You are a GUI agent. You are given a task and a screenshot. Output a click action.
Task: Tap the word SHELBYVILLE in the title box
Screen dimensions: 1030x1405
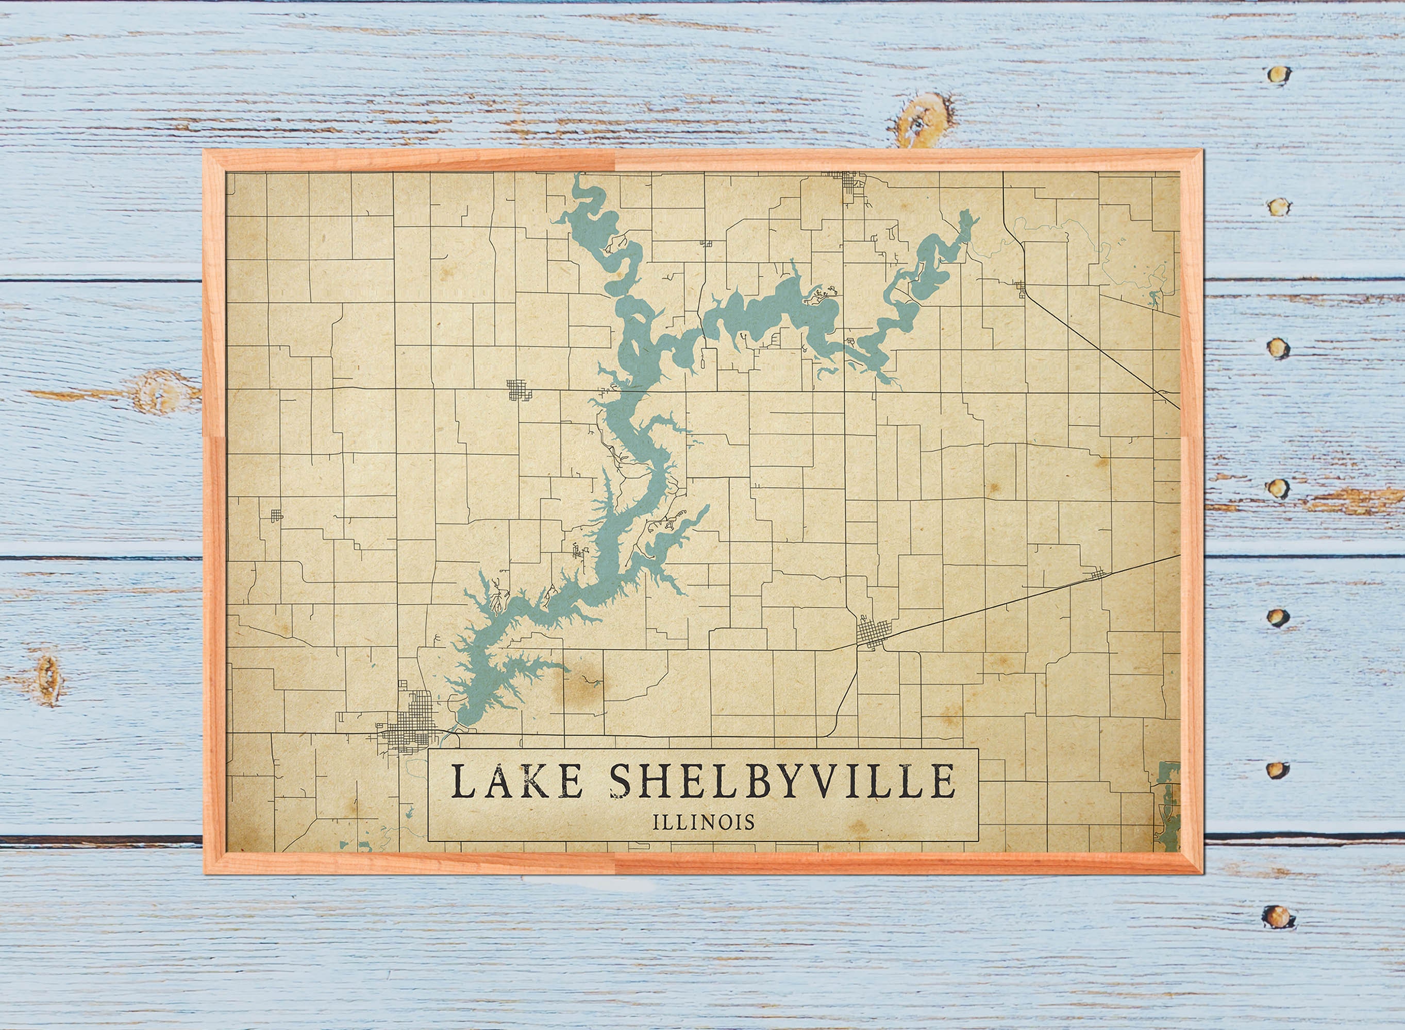782,782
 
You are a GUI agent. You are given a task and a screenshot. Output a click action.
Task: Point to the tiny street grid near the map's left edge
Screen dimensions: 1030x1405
276,515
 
